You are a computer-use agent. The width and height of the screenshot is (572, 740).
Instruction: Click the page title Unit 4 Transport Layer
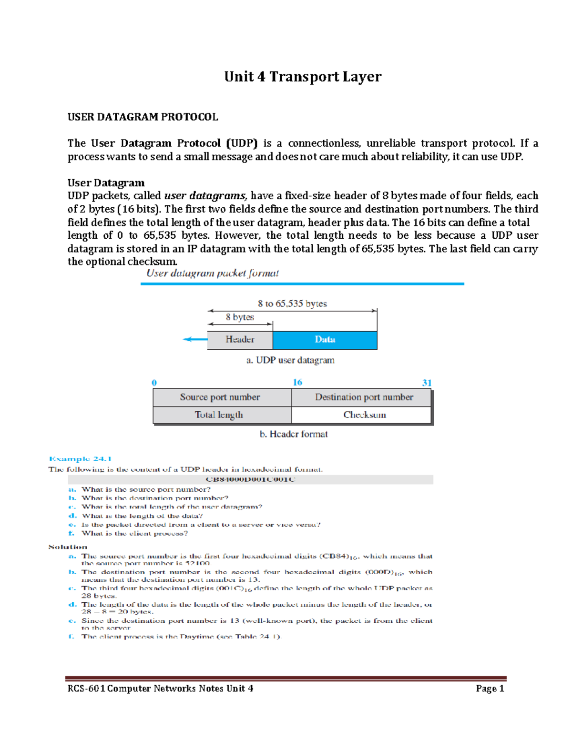303,77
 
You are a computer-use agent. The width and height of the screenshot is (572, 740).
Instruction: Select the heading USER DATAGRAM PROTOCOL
143,117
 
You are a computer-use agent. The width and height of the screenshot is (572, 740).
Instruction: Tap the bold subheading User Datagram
106,182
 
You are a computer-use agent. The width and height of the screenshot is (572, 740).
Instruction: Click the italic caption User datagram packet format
212,273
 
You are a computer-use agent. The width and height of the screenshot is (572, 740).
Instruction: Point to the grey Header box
240,339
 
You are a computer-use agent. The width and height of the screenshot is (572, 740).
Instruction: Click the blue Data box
325,339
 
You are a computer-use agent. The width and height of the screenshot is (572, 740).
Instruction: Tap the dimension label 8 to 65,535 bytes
292,304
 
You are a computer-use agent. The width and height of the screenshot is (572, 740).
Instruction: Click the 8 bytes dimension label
240,317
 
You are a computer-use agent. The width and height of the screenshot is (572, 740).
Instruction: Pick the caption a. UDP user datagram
290,360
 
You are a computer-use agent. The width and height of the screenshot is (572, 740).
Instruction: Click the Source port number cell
220,397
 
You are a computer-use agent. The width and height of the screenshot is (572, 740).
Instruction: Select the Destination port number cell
364,397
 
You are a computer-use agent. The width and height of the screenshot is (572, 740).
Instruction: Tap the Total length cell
219,415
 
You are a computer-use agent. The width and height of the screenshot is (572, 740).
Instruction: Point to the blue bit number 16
297,382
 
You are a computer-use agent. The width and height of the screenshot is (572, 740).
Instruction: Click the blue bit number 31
427,383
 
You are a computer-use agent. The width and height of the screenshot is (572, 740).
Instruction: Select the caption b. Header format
294,434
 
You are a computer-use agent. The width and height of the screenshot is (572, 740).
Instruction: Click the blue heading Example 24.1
80,458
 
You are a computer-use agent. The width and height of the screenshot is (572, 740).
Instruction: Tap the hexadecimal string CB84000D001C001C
250,479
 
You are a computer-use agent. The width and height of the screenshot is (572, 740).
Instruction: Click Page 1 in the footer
490,688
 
